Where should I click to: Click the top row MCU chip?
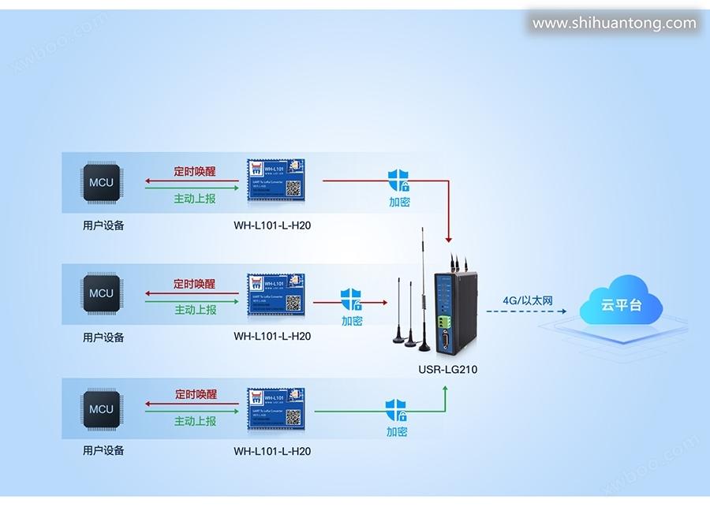101,183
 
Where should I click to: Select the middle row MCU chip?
101,293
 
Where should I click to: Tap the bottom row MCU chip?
101,409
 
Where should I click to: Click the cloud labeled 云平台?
621,303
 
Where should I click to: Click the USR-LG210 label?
447,369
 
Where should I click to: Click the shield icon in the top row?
398,181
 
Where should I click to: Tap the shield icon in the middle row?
352,300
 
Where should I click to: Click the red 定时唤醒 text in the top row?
195,171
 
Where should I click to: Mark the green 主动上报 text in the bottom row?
195,421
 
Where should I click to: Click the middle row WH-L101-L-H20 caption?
272,337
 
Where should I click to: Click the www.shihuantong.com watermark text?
615,23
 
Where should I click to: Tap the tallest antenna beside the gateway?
423,284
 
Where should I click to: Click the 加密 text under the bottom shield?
397,432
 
